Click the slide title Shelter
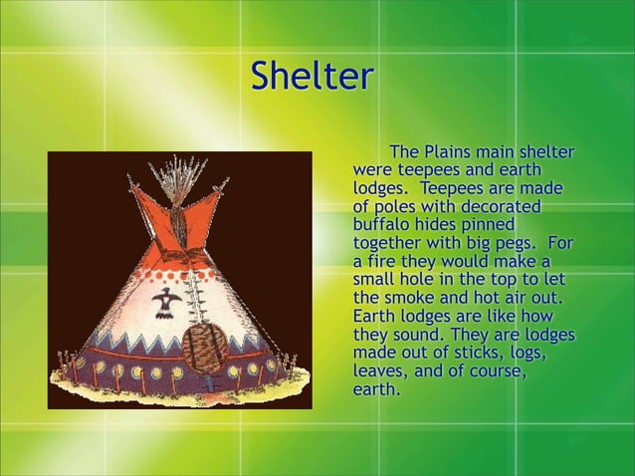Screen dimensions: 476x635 pos(312,76)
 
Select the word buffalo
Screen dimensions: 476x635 pos(383,225)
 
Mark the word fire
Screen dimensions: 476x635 pos(385,262)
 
